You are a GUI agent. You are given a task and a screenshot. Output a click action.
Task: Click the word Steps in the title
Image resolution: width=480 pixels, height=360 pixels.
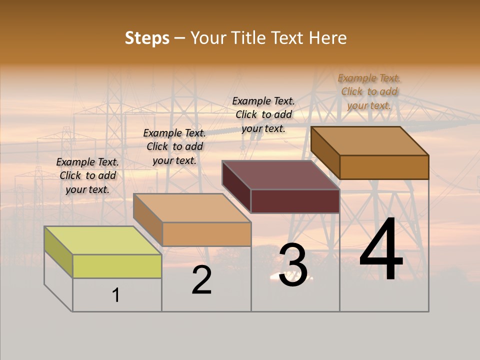click(x=147, y=38)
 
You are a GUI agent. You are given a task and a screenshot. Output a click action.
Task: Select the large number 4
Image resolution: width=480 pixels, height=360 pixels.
click(x=381, y=250)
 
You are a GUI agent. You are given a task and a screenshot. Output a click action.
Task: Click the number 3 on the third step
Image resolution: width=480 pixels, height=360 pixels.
click(x=293, y=265)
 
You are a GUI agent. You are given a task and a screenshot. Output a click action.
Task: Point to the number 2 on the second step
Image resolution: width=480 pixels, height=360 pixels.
click(x=202, y=280)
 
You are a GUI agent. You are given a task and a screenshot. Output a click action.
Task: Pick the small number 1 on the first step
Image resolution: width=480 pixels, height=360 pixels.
click(x=116, y=295)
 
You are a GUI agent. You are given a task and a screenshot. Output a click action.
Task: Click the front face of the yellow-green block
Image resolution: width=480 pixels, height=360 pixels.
click(x=117, y=266)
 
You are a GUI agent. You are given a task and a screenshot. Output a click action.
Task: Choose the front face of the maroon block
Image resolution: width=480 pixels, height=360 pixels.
click(x=295, y=201)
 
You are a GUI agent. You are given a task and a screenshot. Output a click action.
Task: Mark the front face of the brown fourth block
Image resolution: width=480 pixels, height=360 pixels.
click(x=384, y=167)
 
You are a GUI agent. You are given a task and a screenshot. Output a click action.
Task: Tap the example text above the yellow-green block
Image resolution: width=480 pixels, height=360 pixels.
click(x=87, y=175)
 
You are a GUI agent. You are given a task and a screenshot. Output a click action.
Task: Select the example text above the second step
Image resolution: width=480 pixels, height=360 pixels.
click(x=174, y=146)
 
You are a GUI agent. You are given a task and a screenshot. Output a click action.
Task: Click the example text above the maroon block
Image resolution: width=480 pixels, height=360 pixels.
click(x=263, y=114)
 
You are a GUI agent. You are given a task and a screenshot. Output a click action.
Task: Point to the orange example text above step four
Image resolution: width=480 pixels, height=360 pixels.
click(x=369, y=91)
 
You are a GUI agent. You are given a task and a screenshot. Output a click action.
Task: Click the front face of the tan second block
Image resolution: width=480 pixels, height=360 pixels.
click(x=206, y=234)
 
